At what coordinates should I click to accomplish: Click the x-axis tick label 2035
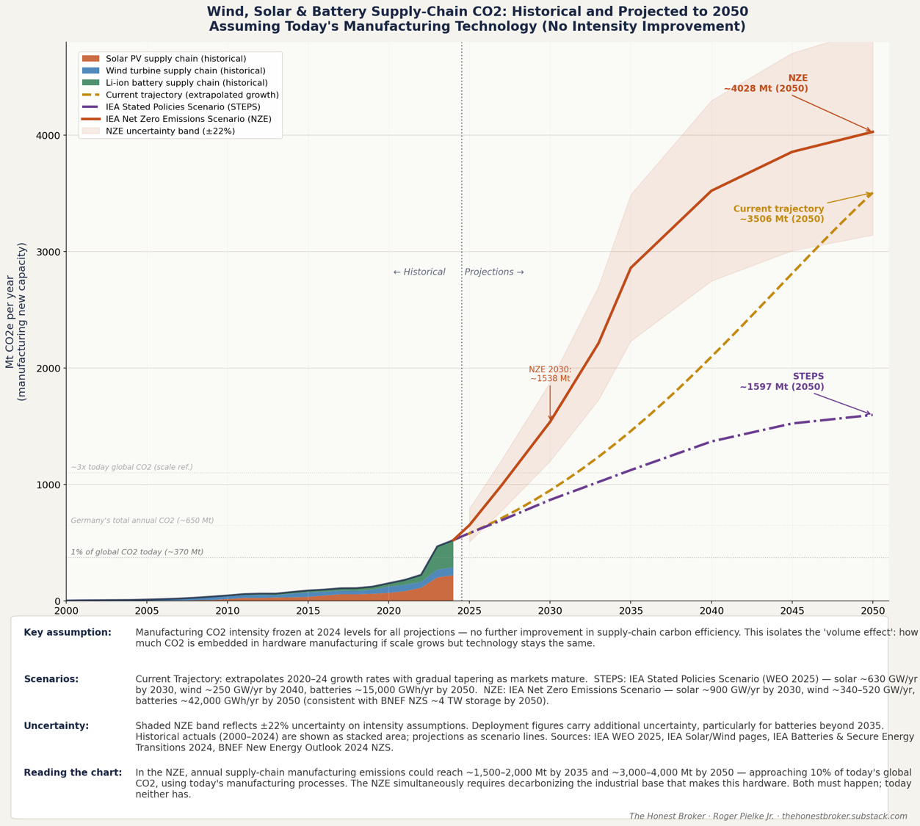tap(630, 611)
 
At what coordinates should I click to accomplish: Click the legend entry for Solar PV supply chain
tap(175, 59)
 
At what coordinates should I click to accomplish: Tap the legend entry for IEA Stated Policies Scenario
tap(183, 107)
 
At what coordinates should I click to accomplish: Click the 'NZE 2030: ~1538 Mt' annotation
tap(550, 374)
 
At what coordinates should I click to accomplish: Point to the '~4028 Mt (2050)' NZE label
tap(766, 89)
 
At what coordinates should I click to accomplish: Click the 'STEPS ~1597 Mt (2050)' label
tap(782, 382)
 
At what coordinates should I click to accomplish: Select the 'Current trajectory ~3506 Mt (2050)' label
tap(779, 214)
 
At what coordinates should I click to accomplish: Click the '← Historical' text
tap(419, 272)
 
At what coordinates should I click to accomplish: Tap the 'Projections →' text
tap(494, 272)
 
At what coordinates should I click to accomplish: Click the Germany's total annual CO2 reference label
tap(142, 521)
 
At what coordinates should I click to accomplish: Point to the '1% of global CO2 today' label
tap(137, 552)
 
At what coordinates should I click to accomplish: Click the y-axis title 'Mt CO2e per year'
tap(10, 322)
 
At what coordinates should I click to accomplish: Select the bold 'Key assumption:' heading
tap(68, 633)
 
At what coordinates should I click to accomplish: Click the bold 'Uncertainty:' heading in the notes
tap(57, 726)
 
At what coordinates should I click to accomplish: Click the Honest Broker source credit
tap(768, 816)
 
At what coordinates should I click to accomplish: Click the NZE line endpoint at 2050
tap(873, 132)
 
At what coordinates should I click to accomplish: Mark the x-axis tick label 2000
tap(66, 611)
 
